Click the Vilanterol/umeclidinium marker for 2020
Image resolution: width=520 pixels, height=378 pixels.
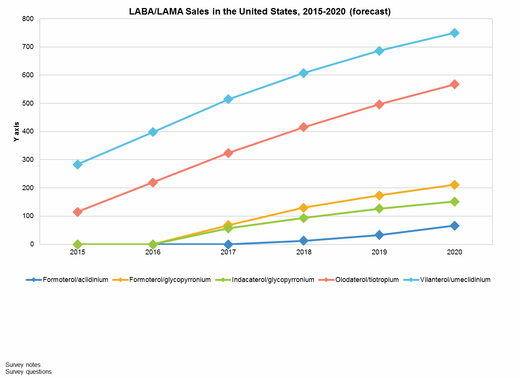[455, 33]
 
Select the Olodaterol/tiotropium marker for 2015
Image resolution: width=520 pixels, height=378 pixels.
[78, 212]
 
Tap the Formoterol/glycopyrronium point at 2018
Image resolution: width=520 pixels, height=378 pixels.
[304, 208]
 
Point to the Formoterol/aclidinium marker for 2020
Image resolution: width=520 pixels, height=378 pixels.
[455, 226]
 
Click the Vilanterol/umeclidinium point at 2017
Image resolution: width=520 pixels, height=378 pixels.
[228, 99]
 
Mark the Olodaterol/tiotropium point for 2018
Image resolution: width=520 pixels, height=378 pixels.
[304, 127]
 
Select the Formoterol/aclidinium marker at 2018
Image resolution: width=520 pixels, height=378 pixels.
[304, 241]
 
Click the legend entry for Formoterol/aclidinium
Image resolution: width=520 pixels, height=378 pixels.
[75, 280]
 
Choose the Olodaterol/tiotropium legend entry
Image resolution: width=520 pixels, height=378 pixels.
[367, 280]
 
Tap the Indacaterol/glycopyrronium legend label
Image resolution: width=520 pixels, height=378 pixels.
[273, 280]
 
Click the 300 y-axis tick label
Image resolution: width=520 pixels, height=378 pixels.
[29, 160]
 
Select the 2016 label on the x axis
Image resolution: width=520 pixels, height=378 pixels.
[153, 252]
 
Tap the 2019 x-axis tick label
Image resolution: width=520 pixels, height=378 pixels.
[379, 252]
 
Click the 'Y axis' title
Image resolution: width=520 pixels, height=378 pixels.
[16, 132]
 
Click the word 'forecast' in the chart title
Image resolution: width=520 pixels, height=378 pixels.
[370, 11]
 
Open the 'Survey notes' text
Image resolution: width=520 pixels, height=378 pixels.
[23, 365]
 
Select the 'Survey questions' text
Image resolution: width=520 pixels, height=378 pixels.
[28, 371]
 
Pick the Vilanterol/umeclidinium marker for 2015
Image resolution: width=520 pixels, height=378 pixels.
[78, 165]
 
